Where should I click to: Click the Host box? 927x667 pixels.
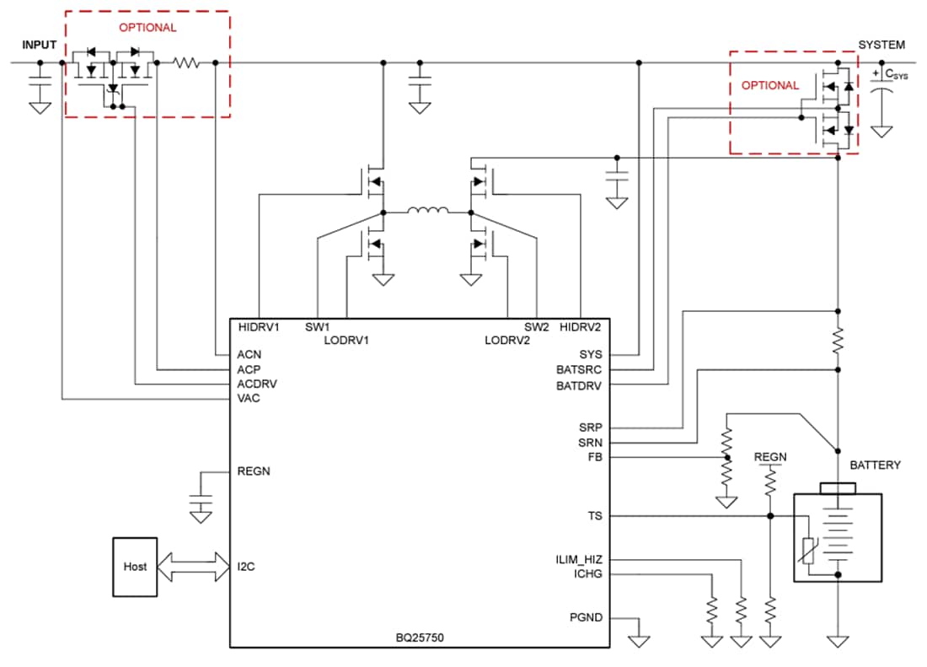136,567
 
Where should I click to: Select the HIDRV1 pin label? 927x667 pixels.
259,327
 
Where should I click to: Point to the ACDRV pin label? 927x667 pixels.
257,384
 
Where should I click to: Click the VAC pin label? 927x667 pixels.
249,398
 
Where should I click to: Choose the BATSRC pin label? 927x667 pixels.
579,369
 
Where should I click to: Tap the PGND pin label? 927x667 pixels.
586,617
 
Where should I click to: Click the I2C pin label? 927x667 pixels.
246,567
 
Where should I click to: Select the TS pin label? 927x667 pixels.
595,515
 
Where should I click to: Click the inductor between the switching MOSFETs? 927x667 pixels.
426,211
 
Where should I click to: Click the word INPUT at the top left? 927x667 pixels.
40,44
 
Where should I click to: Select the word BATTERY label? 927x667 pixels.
875,465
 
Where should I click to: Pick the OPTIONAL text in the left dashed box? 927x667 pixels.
147,27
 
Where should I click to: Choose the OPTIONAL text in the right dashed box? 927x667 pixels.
770,85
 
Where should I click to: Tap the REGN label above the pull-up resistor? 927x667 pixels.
770,457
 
